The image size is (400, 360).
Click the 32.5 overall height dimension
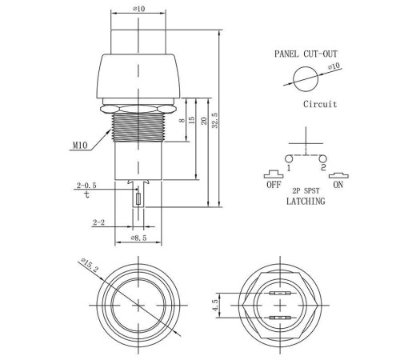[x=215, y=120]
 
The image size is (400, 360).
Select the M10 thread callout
[x=80, y=146]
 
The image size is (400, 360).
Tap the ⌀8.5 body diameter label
[x=138, y=238]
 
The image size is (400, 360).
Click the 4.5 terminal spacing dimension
[x=215, y=305]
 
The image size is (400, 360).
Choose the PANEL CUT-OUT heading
[x=306, y=54]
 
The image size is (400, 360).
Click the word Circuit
[x=320, y=104]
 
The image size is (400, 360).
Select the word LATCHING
[x=306, y=201]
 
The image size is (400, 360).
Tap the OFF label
[x=274, y=184]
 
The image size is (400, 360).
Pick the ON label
[x=338, y=184]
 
